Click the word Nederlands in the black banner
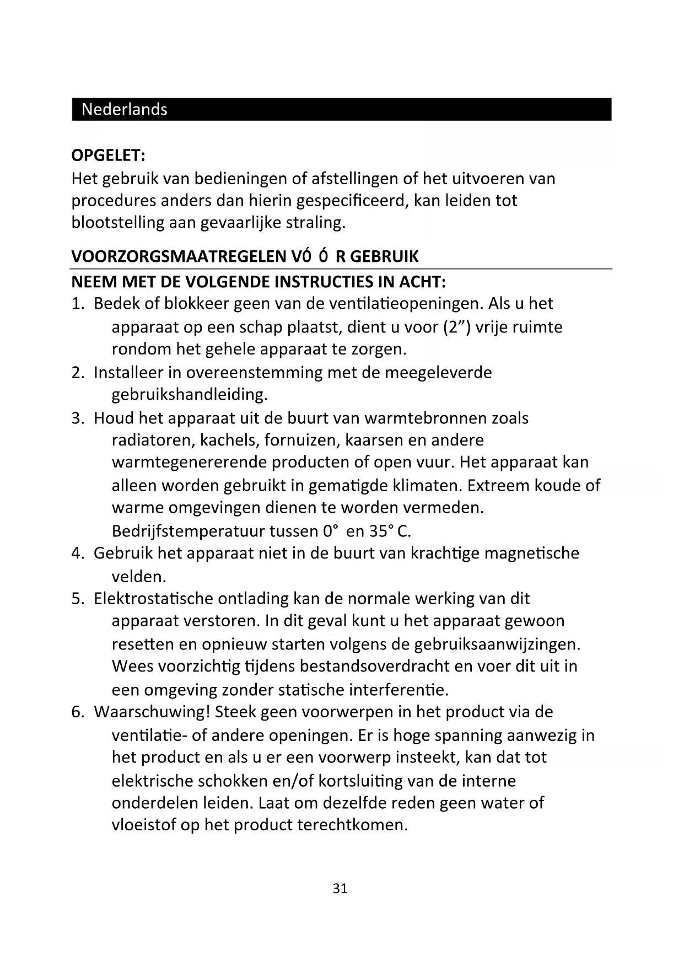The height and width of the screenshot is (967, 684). (x=124, y=109)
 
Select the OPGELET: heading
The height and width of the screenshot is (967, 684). (x=108, y=155)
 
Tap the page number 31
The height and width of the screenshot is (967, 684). (x=340, y=888)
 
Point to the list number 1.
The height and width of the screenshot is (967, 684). (x=77, y=304)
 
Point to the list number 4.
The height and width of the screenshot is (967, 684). (x=77, y=553)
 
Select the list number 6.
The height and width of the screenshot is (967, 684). (x=77, y=712)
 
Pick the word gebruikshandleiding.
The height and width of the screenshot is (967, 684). (x=190, y=395)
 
